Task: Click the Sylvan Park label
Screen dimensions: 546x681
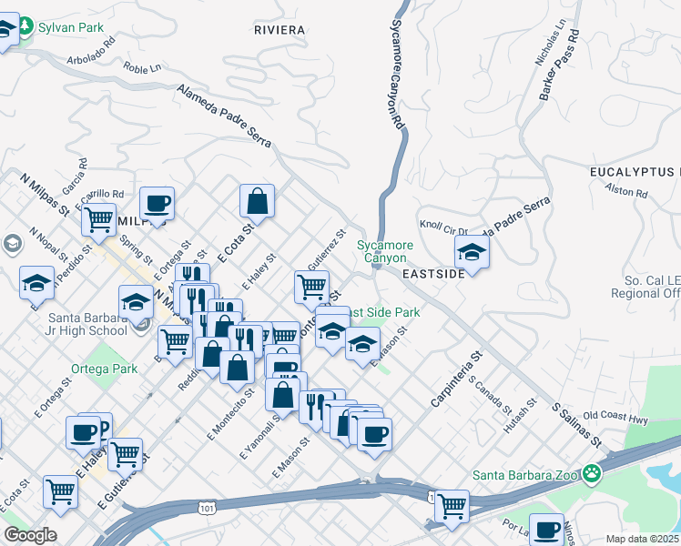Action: pyautogui.click(x=70, y=27)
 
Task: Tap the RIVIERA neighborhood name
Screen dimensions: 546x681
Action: pyautogui.click(x=280, y=30)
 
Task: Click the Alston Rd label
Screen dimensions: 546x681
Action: pyautogui.click(x=626, y=193)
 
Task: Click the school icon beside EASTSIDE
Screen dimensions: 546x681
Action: pyautogui.click(x=472, y=250)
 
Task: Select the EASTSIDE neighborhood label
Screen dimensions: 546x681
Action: pyautogui.click(x=433, y=273)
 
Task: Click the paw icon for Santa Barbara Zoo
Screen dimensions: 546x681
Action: pyautogui.click(x=593, y=473)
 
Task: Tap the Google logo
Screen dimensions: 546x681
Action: pyautogui.click(x=30, y=535)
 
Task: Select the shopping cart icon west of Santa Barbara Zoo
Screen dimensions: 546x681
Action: pyautogui.click(x=451, y=505)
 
